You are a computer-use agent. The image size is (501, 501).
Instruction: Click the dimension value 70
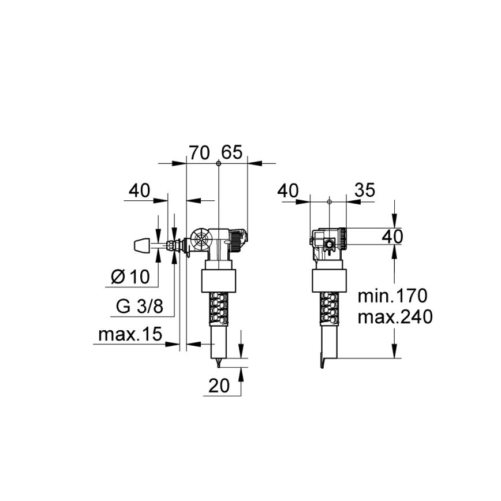click(x=199, y=153)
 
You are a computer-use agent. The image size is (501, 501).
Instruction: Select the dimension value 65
click(x=231, y=153)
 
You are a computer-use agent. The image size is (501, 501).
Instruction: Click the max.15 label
click(x=129, y=335)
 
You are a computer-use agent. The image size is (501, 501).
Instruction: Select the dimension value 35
click(x=364, y=190)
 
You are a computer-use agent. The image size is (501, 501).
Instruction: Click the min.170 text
click(x=392, y=297)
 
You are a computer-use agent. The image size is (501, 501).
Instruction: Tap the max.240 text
click(x=395, y=317)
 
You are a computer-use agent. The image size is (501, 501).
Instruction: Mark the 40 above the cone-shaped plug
click(x=139, y=190)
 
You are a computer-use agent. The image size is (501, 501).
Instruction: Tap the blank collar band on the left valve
click(x=219, y=281)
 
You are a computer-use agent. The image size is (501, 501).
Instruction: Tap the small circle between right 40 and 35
click(x=328, y=202)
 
